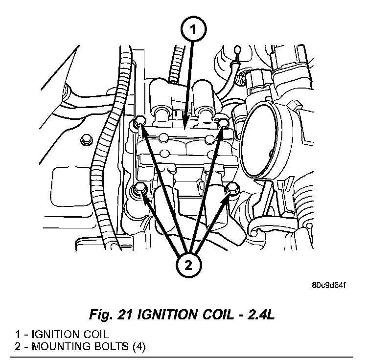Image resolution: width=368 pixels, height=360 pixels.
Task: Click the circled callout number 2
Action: click(189, 267)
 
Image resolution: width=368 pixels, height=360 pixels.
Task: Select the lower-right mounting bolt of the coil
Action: click(232, 188)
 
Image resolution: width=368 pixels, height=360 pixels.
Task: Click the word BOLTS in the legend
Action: click(107, 347)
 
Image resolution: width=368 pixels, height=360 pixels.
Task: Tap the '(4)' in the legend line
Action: click(137, 347)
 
